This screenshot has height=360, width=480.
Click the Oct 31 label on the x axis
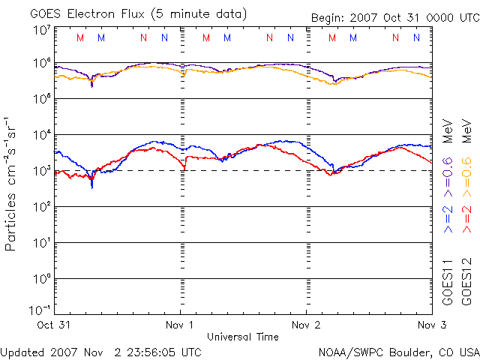pyautogui.click(x=54, y=325)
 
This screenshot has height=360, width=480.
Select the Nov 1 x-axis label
pyautogui.click(x=180, y=325)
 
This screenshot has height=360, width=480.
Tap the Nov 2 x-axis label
pyautogui.click(x=306, y=325)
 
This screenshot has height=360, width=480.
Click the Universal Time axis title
pyautogui.click(x=242, y=337)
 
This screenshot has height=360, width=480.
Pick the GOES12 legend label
pyautogui.click(x=467, y=283)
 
